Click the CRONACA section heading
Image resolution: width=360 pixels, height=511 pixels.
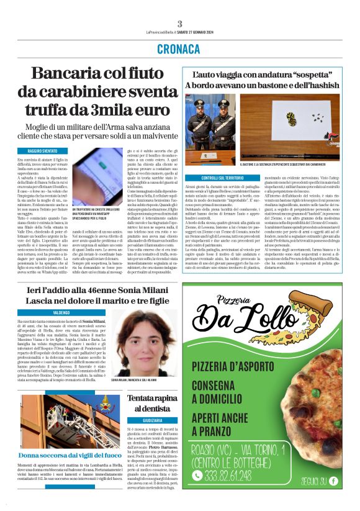[x=179, y=48]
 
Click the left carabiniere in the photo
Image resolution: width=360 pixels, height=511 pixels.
[x=202, y=121]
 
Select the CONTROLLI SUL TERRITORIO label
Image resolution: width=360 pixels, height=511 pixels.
[x=209, y=178]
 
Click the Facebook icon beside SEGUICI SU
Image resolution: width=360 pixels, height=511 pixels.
[x=334, y=481]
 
